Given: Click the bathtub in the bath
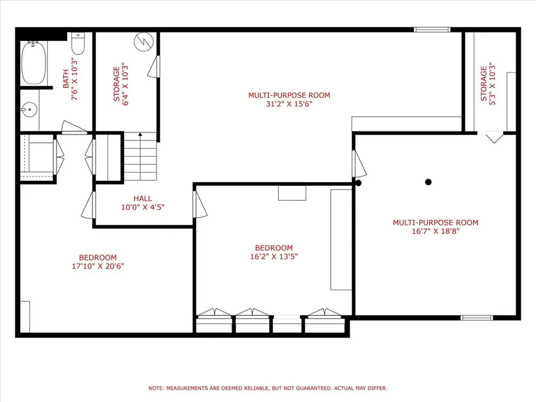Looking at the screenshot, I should coord(33,63).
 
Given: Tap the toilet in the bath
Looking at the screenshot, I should coord(78,45).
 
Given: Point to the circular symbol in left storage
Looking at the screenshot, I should coord(142,41).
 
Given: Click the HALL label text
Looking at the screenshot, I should coord(142,198).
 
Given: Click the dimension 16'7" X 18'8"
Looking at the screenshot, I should coord(435,231).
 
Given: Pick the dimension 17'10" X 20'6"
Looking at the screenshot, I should coord(98,266).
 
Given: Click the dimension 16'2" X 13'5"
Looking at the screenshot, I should coord(274,256).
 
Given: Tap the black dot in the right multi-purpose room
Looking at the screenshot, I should coord(428,182).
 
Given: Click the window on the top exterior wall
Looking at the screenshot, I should coord(432,29).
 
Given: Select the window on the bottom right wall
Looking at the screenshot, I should coord(476,317).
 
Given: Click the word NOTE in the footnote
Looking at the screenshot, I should coord(156,388).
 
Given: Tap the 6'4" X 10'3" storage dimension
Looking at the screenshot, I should coord(126,84).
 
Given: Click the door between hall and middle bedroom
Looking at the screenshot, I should coord(199,205).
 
